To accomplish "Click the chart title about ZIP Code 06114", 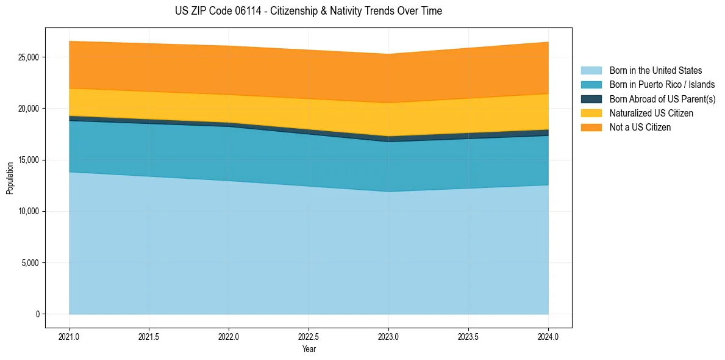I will tap(308, 11).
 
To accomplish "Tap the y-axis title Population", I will tap(10, 178).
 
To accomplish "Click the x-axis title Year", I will tap(309, 350).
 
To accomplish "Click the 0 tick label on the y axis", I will tap(37, 314).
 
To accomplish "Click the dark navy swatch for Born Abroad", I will tap(591, 99).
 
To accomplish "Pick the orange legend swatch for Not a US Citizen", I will tap(591, 128).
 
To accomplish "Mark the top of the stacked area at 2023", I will tap(388, 54).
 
